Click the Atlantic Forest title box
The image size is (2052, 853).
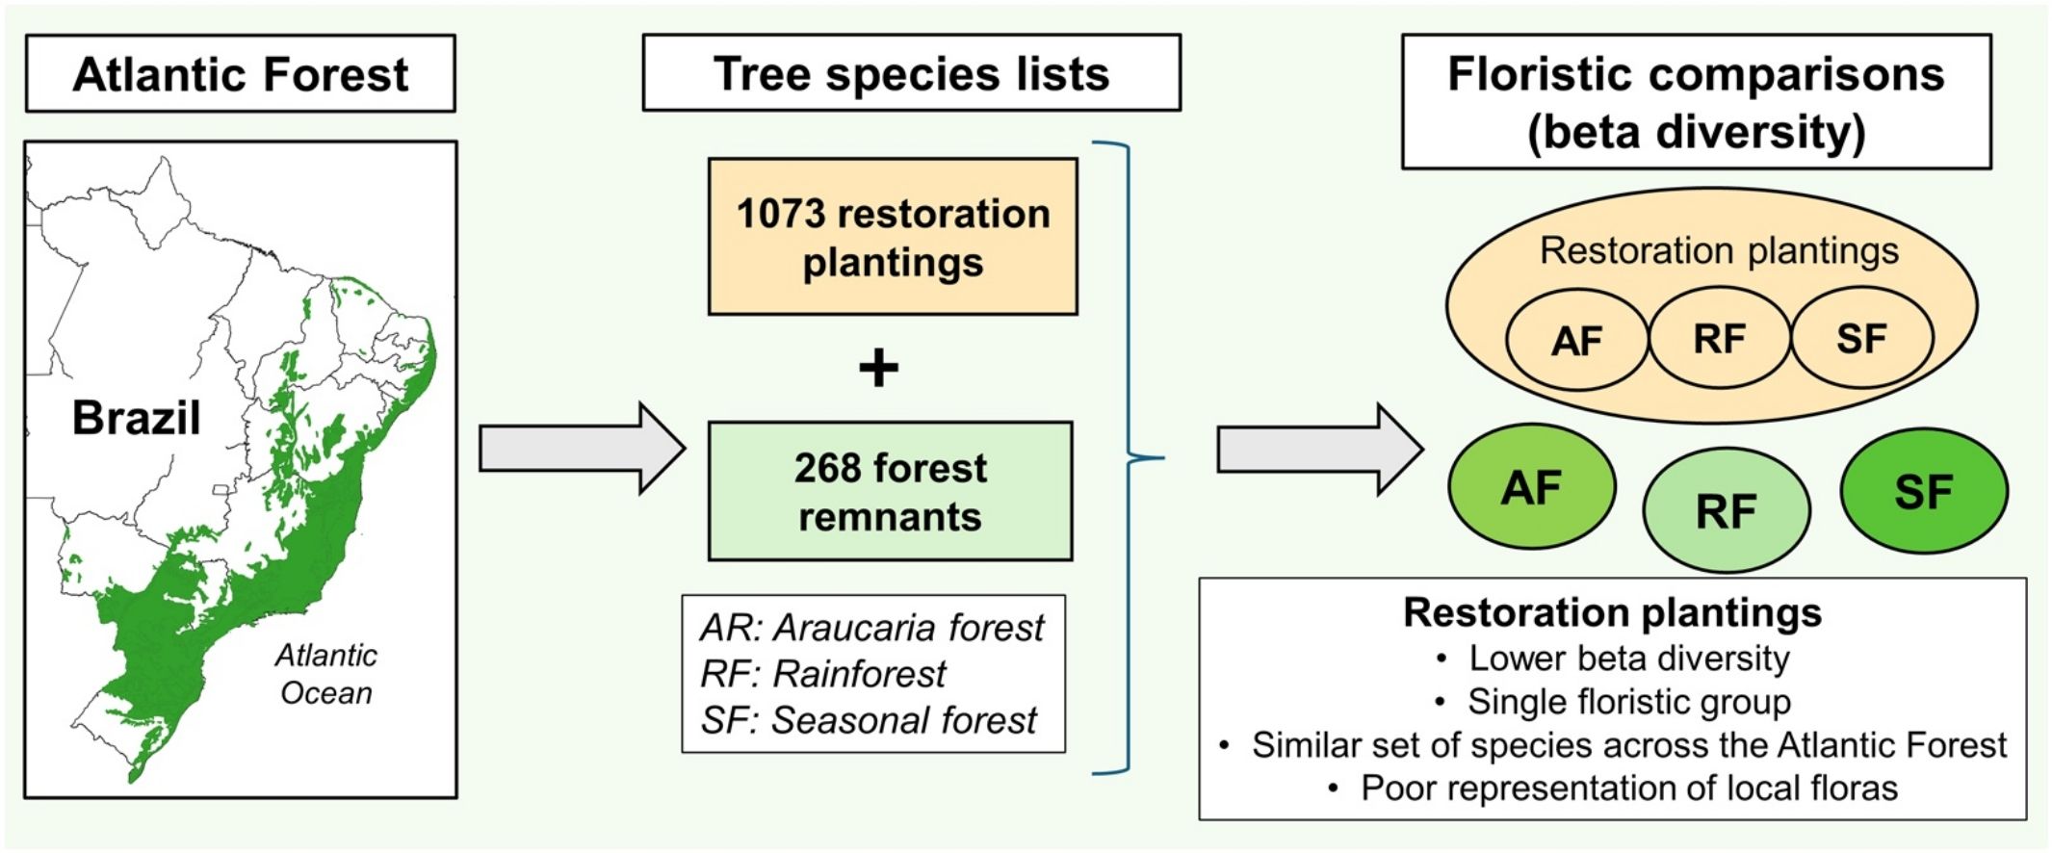[240, 74]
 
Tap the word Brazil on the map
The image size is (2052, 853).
[136, 418]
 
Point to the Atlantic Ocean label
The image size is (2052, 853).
[326, 674]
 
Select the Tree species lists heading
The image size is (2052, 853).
[911, 74]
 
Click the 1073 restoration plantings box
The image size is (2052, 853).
[893, 237]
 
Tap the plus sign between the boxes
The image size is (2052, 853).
[878, 368]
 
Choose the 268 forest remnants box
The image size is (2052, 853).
[890, 491]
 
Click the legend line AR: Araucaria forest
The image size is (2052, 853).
[871, 628]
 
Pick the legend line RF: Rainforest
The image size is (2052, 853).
[823, 674]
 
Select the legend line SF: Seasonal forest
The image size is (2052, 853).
[869, 720]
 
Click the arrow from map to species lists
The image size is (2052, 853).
[582, 449]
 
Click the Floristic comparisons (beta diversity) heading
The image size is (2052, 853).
[1696, 102]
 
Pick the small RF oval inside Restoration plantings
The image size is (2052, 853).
[1719, 339]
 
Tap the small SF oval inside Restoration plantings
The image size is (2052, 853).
[1860, 339]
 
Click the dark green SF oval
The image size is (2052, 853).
[1923, 492]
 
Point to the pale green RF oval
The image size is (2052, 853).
[1726, 511]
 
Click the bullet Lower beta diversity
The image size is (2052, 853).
[1628, 659]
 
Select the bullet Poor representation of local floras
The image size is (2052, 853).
[1628, 788]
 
